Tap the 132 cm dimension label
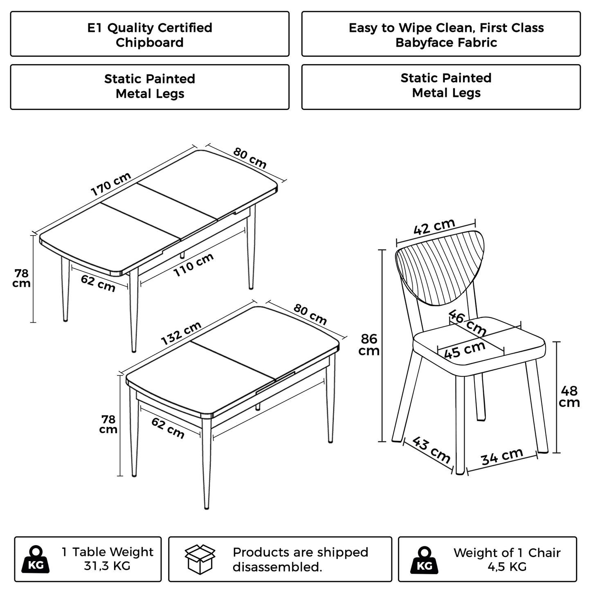181,333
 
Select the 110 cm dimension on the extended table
193,265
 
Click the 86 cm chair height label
369,344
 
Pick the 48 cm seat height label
569,396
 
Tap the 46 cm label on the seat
467,322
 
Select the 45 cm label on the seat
465,350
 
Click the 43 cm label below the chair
431,449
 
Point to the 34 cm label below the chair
502,456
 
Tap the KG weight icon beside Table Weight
36,560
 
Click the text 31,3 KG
107,566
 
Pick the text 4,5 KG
507,567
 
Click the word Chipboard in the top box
150,43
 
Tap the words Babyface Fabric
446,43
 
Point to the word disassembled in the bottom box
277,567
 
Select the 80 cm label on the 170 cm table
250,158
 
